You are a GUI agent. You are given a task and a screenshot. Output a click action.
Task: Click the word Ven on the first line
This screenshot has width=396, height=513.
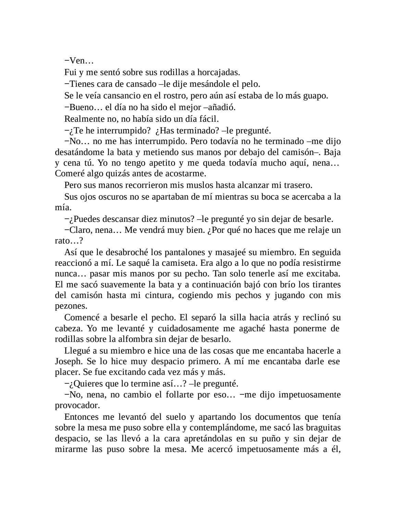click(x=77, y=61)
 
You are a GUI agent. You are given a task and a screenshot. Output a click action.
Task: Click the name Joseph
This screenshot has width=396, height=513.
click(x=67, y=361)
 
